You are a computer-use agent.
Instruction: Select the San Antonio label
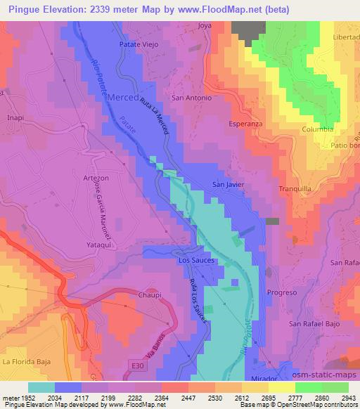pos(192,98)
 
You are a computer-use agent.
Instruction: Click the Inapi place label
pos(15,118)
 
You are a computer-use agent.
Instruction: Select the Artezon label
pos(96,178)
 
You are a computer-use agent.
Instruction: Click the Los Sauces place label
pos(196,260)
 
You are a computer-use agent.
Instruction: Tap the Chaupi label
pos(150,295)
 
